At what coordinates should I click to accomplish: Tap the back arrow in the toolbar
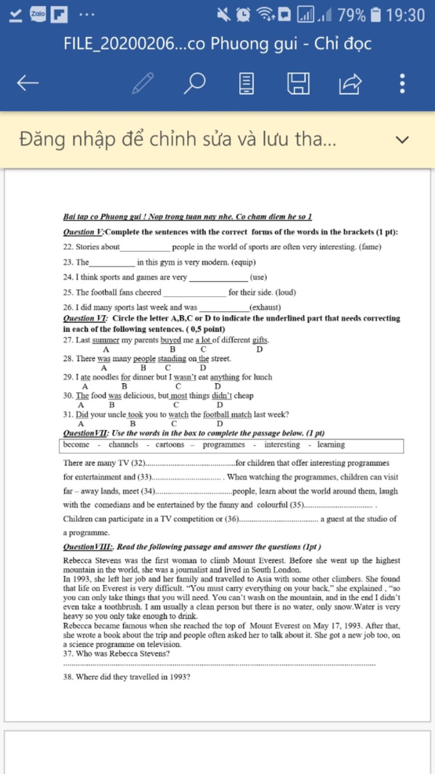(28, 83)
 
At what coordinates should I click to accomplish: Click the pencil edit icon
(143, 83)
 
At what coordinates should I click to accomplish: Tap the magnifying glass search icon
(195, 83)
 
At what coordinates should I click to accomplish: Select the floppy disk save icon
(298, 83)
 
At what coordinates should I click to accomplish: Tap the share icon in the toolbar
(350, 83)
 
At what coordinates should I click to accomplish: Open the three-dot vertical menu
(402, 83)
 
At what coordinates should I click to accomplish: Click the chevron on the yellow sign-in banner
(402, 139)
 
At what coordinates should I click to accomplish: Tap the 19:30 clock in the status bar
(405, 15)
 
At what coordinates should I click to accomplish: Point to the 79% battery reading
(351, 15)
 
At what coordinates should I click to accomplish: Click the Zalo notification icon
(38, 14)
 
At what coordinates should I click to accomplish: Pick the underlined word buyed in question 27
(171, 340)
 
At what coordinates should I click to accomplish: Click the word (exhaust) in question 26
(265, 307)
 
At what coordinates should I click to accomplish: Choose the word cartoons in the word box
(169, 444)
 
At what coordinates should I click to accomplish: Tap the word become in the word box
(76, 444)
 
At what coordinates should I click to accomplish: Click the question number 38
(68, 677)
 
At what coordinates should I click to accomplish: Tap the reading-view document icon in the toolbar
(246, 83)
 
